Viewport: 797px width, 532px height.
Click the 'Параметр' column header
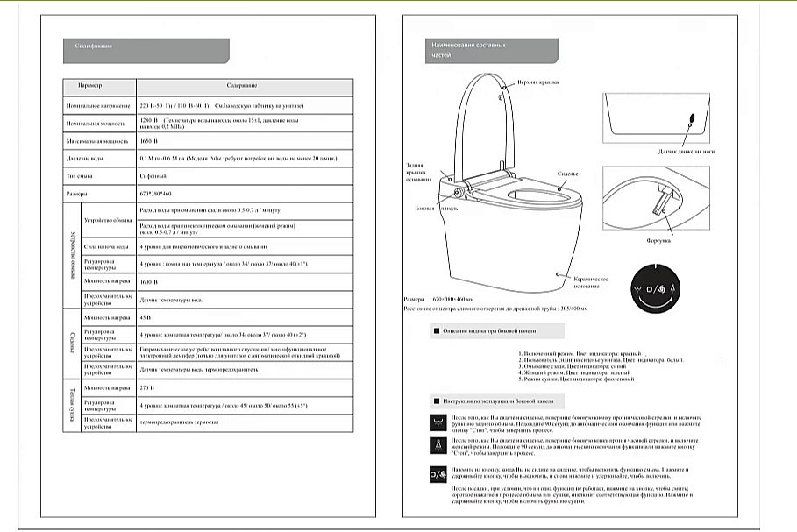point(89,87)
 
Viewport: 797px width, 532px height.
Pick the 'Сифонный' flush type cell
point(154,175)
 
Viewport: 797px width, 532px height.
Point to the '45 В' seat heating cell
point(146,318)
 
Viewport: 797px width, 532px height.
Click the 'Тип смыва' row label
point(80,175)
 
